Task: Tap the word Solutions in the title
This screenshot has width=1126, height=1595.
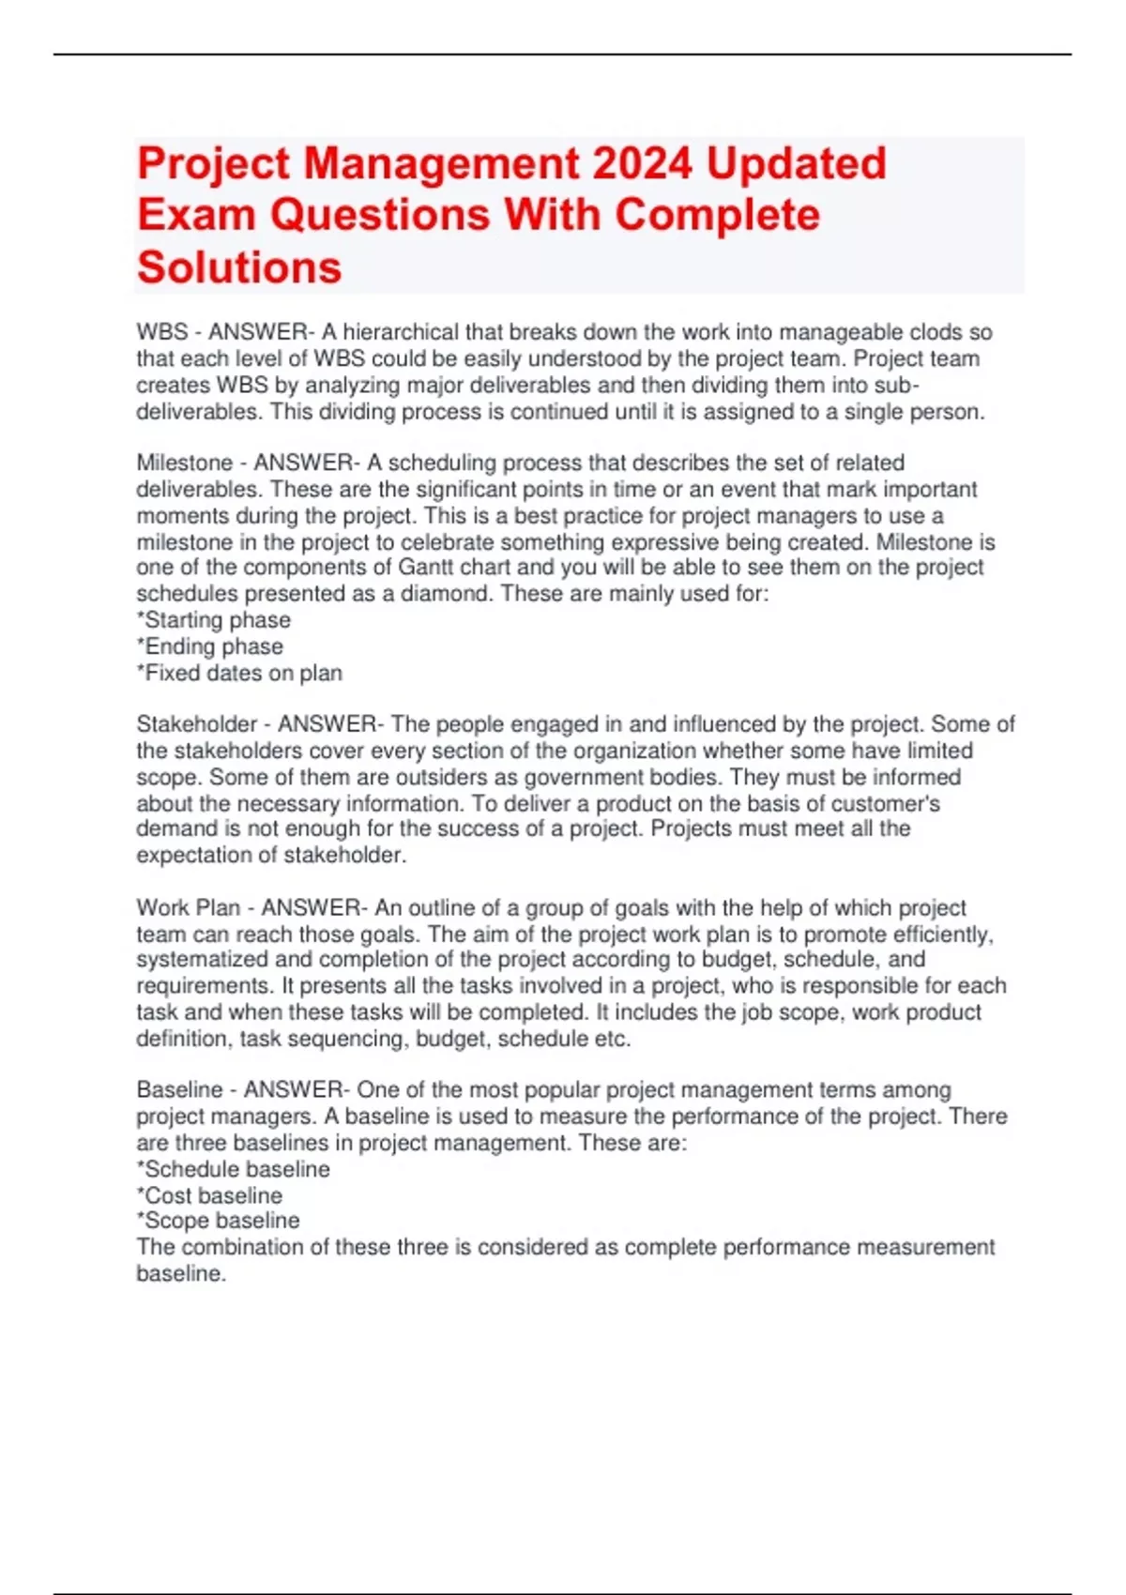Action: point(239,267)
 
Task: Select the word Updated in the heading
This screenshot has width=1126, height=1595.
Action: point(796,163)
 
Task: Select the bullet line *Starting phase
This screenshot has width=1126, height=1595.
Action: point(214,620)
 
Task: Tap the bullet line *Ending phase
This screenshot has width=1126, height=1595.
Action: point(210,646)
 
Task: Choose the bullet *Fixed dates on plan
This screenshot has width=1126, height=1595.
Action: point(239,673)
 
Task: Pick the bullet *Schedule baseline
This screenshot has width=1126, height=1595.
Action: point(234,1169)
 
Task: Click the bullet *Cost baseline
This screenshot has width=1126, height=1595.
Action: point(209,1195)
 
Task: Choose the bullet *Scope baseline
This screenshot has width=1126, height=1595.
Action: point(219,1221)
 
